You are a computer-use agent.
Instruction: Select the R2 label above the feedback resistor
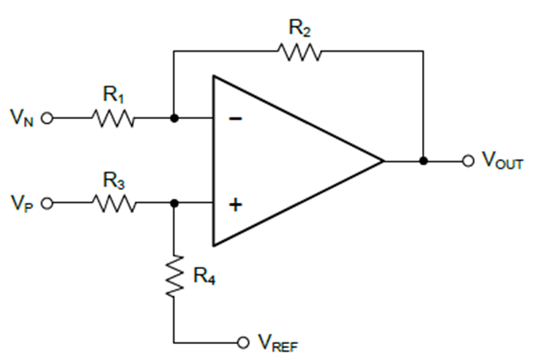[x=299, y=29]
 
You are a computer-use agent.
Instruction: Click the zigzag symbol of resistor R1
[x=114, y=119]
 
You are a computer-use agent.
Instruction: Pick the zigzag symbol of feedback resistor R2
[x=299, y=52]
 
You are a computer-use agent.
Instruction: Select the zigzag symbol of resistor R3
[x=114, y=204]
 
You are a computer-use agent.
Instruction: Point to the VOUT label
[x=502, y=161]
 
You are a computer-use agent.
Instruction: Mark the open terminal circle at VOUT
[x=468, y=160]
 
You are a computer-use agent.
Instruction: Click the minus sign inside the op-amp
[x=235, y=119]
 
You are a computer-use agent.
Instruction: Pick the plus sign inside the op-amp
[x=235, y=204]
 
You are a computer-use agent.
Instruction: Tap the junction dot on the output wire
[x=424, y=160]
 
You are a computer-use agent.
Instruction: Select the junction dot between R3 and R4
[x=174, y=204]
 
